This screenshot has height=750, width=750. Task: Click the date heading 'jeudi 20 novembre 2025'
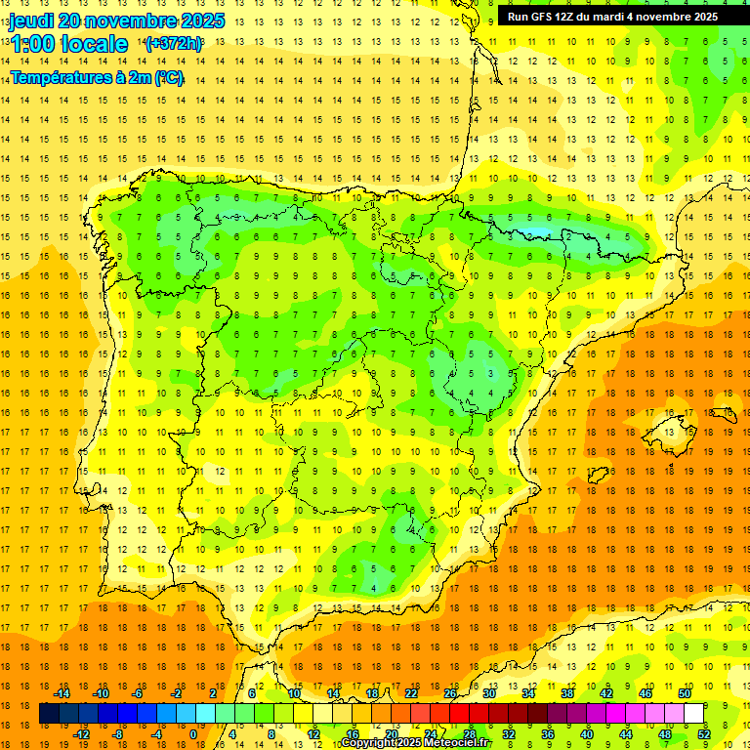coord(117,21)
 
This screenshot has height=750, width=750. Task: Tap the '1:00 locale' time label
coord(68,44)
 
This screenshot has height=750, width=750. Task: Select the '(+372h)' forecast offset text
coord(173,43)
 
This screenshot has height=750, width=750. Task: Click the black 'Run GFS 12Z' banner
coord(612,16)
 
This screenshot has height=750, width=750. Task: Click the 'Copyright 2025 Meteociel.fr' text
coord(416,743)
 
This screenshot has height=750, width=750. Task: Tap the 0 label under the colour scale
coord(193,734)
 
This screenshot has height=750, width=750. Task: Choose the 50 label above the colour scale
coord(684,693)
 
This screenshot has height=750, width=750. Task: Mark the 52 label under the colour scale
coord(704,734)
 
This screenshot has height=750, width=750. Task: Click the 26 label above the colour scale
coord(450,693)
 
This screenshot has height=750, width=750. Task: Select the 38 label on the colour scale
coord(567,693)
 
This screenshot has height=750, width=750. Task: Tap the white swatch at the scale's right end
coord(694,714)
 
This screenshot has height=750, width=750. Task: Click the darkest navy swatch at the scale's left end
coord(49,714)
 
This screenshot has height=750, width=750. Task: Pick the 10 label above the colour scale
coord(294,693)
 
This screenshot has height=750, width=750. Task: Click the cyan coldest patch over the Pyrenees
coord(535,233)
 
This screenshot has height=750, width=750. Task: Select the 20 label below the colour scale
coord(392,734)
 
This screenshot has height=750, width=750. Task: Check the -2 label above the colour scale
coord(176,693)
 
